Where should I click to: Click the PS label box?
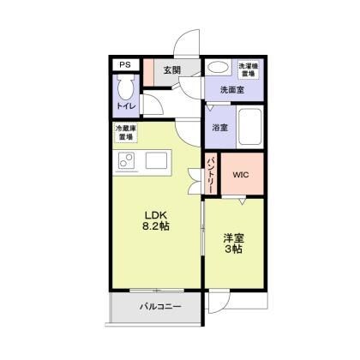(x=125, y=65)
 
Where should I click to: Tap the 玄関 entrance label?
(x=172, y=70)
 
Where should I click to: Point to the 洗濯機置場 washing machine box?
(x=249, y=69)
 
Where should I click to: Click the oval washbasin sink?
(x=219, y=67)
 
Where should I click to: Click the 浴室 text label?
(x=219, y=128)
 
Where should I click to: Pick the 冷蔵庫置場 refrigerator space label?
(x=126, y=133)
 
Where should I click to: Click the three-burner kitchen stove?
(x=127, y=160)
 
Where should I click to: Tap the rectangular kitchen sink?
(x=158, y=160)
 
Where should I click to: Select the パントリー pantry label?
(x=211, y=173)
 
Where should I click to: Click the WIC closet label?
(x=240, y=175)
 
